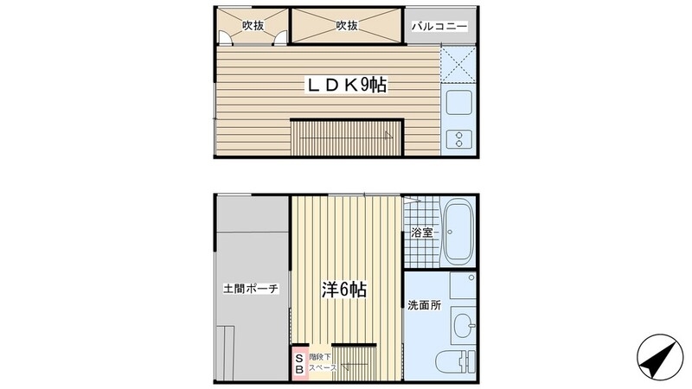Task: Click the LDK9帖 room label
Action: [343, 86]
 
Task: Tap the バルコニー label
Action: [439, 27]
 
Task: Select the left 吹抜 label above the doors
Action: [253, 26]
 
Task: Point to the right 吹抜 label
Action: [347, 26]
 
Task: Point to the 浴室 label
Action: [421, 233]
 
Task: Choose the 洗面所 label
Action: [424, 304]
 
